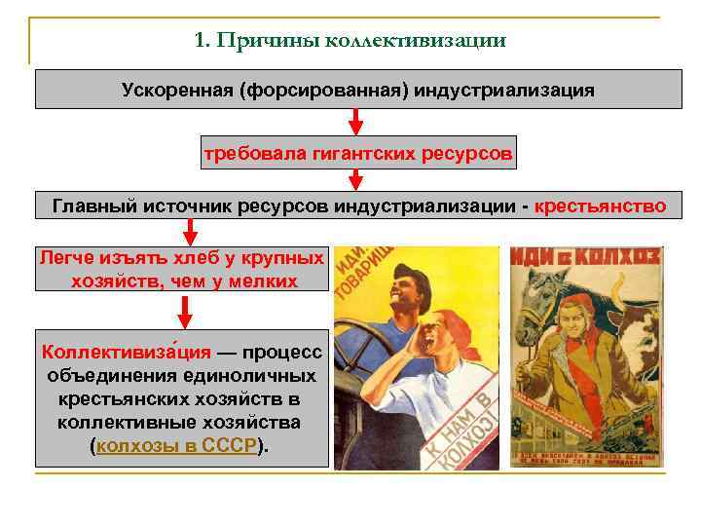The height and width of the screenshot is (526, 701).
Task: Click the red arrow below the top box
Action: [x=356, y=122]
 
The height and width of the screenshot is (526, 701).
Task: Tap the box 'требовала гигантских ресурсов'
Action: [x=357, y=154]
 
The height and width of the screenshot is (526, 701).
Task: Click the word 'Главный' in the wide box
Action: [x=88, y=206]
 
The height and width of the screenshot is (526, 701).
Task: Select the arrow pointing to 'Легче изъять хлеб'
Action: [x=190, y=232]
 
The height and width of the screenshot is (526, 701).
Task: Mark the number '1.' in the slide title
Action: [x=203, y=41]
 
